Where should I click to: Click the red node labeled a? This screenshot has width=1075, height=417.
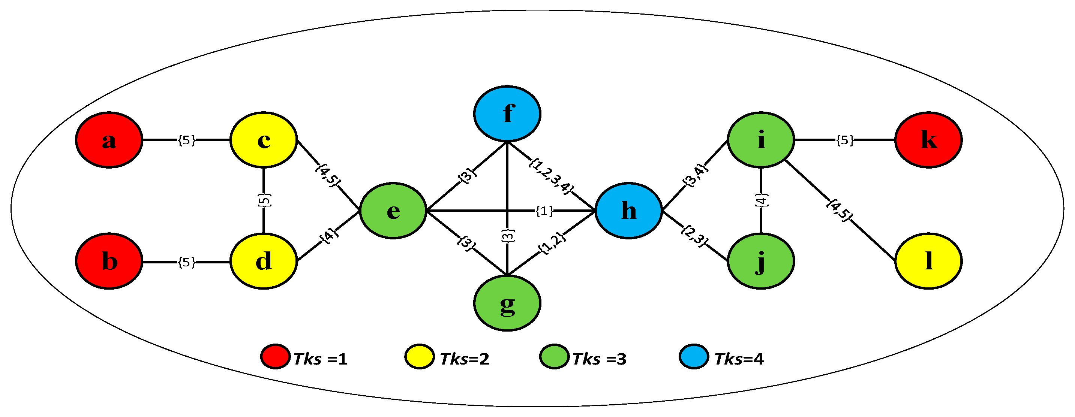[109, 140]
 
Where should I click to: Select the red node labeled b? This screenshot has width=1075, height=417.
[109, 262]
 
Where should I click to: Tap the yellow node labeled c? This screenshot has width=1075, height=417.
[263, 140]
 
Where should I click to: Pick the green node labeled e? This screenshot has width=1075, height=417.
[393, 211]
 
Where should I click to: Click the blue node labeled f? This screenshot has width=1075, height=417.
[507, 114]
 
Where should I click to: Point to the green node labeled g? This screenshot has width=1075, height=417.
[507, 303]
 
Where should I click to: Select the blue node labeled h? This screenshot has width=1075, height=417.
[628, 211]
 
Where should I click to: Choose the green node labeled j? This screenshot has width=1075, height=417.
[760, 262]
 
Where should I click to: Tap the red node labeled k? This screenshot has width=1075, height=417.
[928, 140]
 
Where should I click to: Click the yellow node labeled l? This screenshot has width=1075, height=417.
[928, 262]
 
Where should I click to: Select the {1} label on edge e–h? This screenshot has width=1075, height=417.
[544, 211]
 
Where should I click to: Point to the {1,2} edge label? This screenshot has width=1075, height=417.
[552, 243]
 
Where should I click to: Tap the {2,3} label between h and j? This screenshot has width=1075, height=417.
[694, 236]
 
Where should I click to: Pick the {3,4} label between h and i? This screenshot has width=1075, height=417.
[695, 176]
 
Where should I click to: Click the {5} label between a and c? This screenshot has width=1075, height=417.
[186, 140]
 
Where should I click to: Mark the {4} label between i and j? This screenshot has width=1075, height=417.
[761, 200]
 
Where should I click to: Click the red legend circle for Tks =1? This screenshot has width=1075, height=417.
[276, 357]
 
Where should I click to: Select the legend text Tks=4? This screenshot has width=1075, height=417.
[739, 359]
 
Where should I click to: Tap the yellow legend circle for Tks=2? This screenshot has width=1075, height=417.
[420, 357]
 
